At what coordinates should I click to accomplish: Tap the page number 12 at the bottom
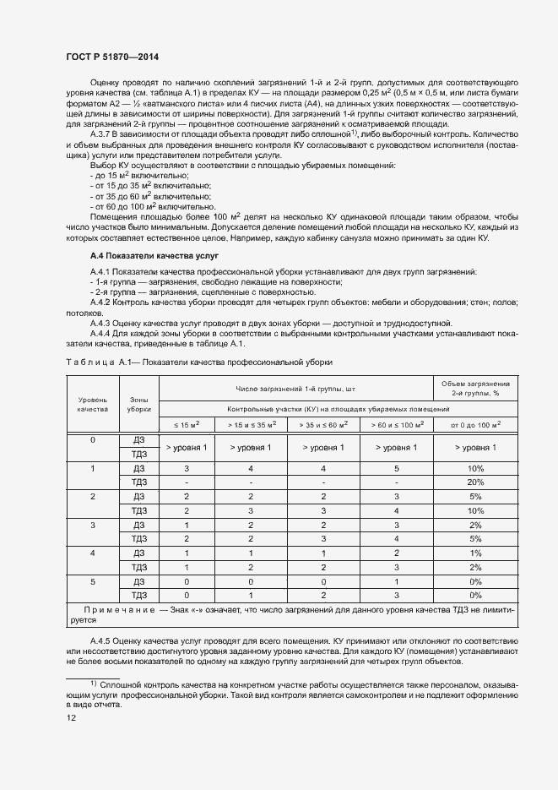(x=71, y=717)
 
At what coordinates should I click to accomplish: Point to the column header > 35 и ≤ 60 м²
(x=324, y=423)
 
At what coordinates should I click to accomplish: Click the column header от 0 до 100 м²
(x=475, y=423)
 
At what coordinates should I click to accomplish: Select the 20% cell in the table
(x=475, y=482)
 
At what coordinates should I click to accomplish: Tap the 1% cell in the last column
(x=475, y=553)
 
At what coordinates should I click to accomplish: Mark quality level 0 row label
(x=93, y=439)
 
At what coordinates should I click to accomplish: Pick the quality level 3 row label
(x=93, y=525)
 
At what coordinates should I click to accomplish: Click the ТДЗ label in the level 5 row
(x=139, y=596)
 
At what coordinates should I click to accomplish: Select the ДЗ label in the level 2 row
(x=139, y=496)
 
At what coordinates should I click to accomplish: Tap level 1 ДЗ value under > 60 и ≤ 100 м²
(x=397, y=467)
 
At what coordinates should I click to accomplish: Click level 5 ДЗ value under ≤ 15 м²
(x=187, y=581)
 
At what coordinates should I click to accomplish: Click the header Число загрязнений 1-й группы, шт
(x=295, y=388)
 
